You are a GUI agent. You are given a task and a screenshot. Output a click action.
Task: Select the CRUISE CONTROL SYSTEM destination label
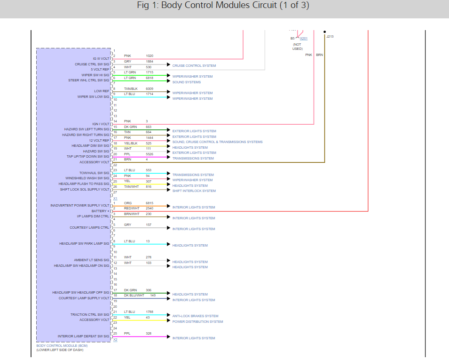(194, 65)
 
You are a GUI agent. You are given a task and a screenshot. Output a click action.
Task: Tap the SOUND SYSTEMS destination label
(187, 82)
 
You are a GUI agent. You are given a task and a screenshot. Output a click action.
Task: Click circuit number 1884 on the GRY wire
(150, 61)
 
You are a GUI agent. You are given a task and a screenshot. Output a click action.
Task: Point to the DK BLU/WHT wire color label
(134, 295)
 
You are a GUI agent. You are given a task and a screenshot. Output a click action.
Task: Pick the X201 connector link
(304, 39)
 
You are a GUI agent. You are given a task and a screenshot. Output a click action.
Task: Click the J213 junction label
(330, 36)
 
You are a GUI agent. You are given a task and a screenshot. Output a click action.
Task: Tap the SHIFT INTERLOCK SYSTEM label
(194, 191)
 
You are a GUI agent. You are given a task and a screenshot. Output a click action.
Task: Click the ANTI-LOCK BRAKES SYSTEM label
(195, 316)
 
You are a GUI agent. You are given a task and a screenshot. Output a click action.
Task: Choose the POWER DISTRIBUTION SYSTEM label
(197, 322)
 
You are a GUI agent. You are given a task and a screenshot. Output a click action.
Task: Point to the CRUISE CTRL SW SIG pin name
(92, 64)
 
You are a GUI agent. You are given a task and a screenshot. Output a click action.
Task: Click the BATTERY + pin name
(100, 211)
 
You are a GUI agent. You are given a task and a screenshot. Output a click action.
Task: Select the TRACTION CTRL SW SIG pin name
(90, 314)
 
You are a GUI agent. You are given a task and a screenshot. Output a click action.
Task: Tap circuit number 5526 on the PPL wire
(150, 154)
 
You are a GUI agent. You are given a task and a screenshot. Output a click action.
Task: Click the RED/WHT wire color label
(132, 208)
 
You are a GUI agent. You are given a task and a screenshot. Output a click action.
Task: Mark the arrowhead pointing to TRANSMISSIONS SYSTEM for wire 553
(168, 174)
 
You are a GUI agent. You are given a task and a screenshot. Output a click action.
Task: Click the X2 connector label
(115, 339)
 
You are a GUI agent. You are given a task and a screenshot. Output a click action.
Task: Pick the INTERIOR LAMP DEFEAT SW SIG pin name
(83, 336)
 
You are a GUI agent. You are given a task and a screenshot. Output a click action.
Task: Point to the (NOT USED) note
(298, 46)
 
